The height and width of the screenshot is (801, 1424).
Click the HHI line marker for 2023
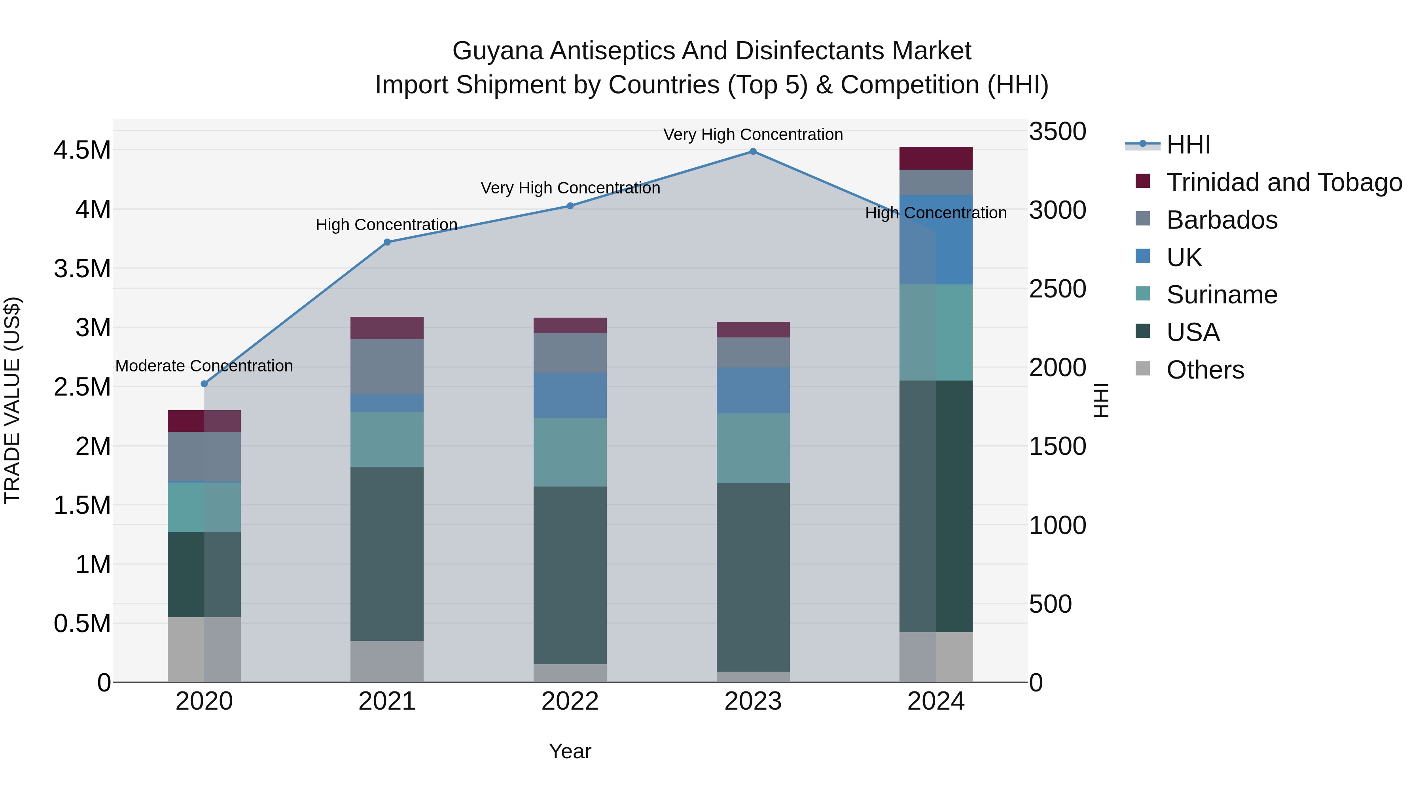[x=753, y=151]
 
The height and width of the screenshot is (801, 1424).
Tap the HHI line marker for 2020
[x=204, y=384]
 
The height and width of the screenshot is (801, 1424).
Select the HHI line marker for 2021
[x=387, y=242]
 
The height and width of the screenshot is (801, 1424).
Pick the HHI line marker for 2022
[x=570, y=206]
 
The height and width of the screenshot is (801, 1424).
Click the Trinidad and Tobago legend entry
[x=1284, y=182]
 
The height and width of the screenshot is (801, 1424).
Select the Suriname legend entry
[x=1222, y=295]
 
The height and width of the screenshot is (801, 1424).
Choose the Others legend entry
[x=1205, y=370]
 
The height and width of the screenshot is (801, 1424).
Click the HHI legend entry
[x=1189, y=145]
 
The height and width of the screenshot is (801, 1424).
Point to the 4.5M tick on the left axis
[x=82, y=150]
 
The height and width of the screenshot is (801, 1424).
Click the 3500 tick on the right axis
[x=1057, y=132]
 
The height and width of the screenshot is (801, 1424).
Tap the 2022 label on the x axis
[x=570, y=701]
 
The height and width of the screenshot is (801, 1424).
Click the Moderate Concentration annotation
[x=204, y=366]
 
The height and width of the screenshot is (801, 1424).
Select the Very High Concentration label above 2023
[x=753, y=134]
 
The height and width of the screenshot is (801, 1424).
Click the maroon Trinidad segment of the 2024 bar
[x=935, y=158]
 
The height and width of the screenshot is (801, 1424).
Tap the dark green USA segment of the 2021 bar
[x=387, y=553]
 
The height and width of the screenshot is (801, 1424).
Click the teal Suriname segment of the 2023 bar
[x=753, y=448]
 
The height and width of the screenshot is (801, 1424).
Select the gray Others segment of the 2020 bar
[x=204, y=649]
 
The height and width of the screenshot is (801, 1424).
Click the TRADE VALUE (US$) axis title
[x=12, y=400]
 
